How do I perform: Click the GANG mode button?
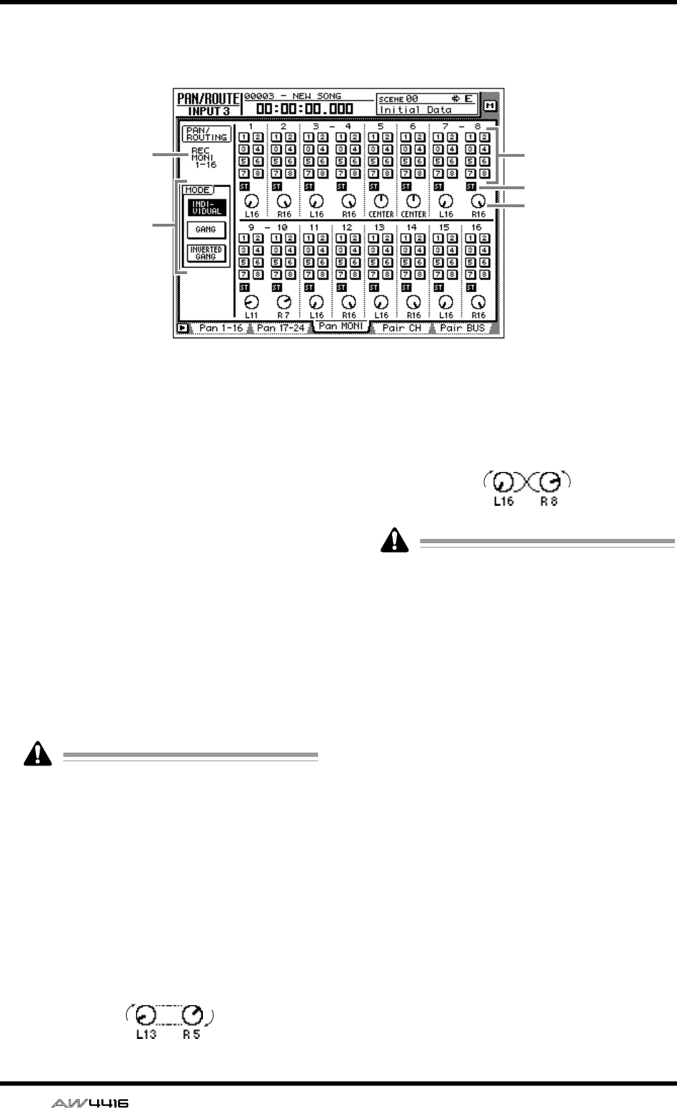(x=201, y=229)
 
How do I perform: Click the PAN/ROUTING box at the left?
(x=204, y=133)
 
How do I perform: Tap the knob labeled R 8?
(x=552, y=481)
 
